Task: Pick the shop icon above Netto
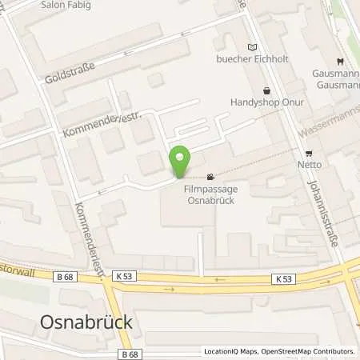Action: (x=309, y=153)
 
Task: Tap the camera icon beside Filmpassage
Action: (x=210, y=177)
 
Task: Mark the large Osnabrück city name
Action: (x=85, y=322)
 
